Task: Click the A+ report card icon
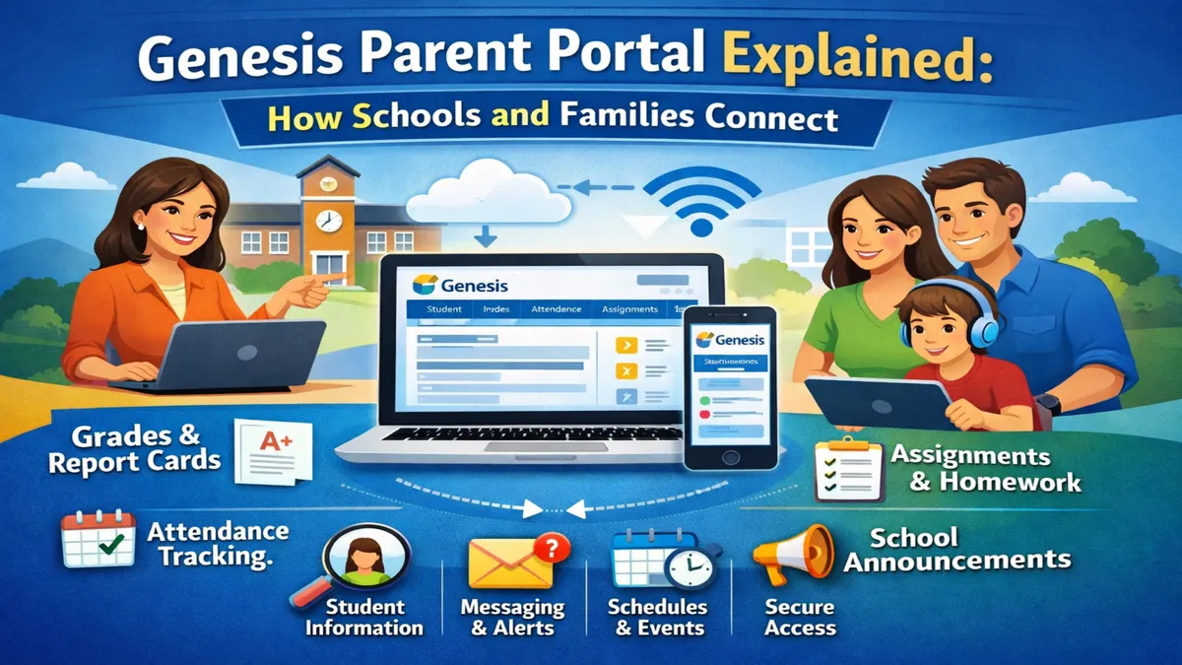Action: pyautogui.click(x=272, y=451)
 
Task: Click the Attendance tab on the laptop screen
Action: pyautogui.click(x=557, y=309)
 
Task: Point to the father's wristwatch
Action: pyautogui.click(x=1047, y=405)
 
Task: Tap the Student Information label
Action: pyautogui.click(x=363, y=617)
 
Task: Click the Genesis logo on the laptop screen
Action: pyautogui.click(x=462, y=286)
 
